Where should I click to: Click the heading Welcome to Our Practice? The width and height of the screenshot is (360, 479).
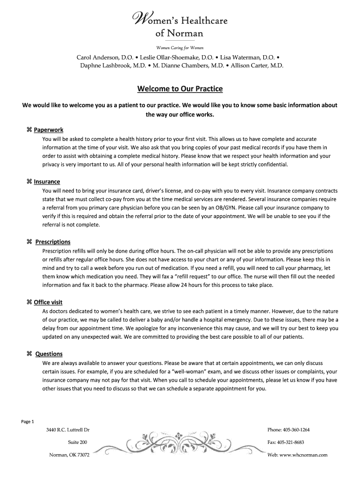click(180, 88)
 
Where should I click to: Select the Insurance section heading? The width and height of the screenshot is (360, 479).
click(47, 181)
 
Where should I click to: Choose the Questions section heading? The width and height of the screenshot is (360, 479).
click(49, 354)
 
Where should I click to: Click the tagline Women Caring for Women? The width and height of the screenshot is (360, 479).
click(180, 48)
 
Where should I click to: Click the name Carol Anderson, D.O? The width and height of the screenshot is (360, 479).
click(105, 57)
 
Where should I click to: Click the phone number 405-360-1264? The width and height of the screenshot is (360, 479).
click(299, 429)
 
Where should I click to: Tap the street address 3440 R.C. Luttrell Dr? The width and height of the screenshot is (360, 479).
click(68, 429)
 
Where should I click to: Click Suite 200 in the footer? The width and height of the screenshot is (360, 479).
click(77, 442)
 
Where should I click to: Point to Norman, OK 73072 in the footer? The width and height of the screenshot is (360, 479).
click(69, 455)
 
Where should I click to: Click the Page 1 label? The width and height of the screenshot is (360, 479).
click(28, 421)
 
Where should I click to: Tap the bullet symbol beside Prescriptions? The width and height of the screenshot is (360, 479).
click(29, 242)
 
